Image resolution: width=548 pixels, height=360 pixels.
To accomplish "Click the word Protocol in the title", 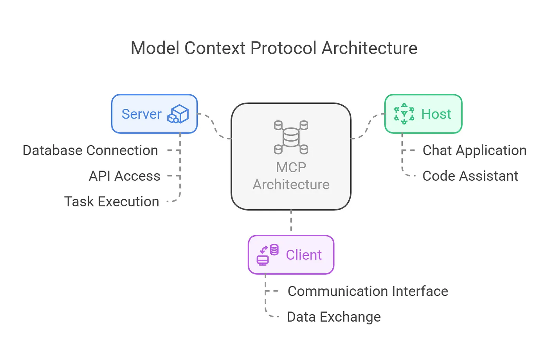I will pos(283,48).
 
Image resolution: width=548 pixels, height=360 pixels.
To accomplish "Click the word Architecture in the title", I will pos(370,48).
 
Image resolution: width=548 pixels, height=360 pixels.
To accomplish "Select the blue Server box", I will pos(154,114).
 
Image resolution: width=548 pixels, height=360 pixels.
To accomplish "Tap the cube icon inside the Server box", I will pos(178,114).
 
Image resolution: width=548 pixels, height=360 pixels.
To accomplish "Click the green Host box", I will pos(423,114).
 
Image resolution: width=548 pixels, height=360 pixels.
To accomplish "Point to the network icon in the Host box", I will pos(404,114).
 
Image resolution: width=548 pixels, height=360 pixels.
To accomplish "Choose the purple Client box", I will pos(291,255).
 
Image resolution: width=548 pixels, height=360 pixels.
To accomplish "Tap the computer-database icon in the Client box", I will pos(268,255).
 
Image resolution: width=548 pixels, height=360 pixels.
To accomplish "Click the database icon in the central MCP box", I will pos(291,137).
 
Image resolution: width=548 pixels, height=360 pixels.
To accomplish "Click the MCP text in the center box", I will pos(291,167).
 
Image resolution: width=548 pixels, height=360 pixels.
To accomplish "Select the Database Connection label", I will pos(90,150).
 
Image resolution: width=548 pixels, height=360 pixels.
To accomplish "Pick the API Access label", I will pos(124,176).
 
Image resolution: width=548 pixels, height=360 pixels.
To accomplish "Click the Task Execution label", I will pos(112,202).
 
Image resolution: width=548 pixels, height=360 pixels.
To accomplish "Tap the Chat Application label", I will pos(474,150).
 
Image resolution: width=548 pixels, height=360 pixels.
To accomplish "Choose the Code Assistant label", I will pos(470,176).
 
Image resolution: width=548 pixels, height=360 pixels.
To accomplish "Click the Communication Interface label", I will pos(368,291).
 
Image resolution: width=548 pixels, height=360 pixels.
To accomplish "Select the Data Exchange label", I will pos(333,317).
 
